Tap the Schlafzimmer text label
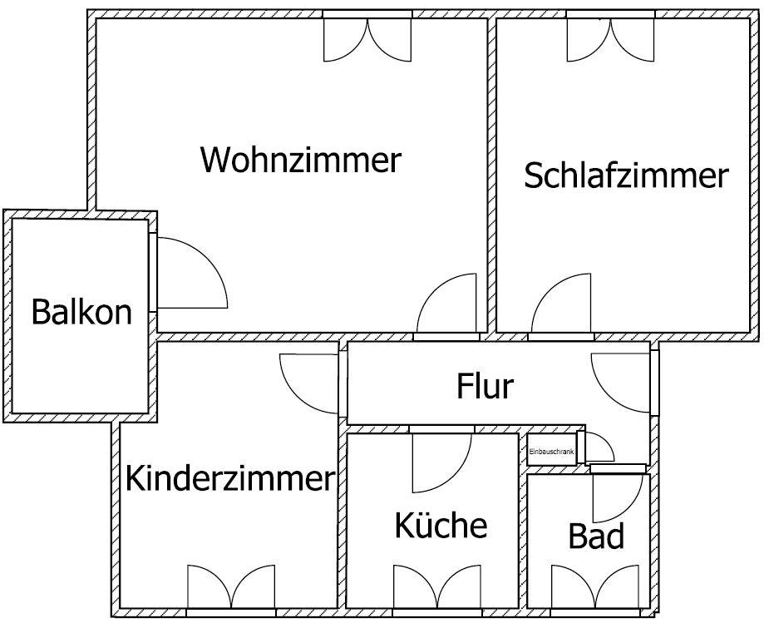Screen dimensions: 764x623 point(626,176)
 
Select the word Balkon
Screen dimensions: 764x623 point(81,312)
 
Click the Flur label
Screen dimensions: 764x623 point(486,386)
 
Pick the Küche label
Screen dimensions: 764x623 point(440,526)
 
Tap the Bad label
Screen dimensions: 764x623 point(596,536)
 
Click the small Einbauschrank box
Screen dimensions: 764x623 point(551,451)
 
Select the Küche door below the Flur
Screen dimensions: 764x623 point(439,462)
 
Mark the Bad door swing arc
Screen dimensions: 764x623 point(617,497)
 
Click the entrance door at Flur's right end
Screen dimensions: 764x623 point(622,383)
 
